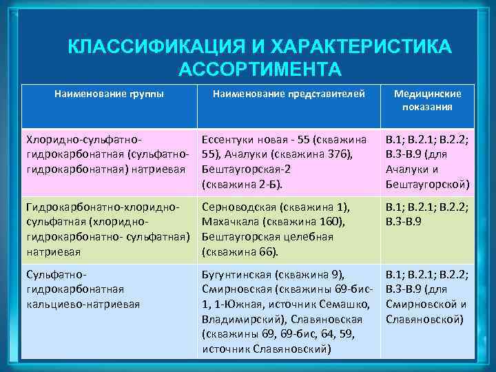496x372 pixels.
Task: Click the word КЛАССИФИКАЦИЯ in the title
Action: click(143, 48)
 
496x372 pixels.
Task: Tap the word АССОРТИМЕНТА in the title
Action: click(260, 70)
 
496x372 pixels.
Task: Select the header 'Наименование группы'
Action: click(109, 94)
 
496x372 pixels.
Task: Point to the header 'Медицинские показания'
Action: click(428, 101)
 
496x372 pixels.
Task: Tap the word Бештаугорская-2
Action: click(240, 170)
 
